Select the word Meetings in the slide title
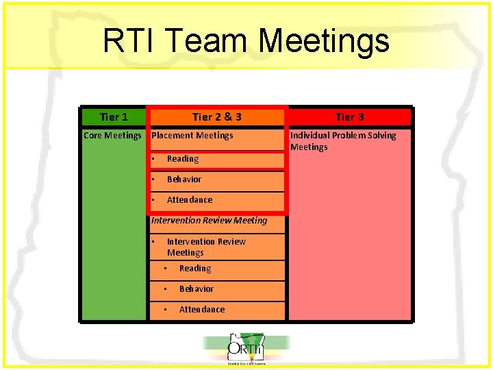pos(325,41)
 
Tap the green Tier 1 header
pos(114,117)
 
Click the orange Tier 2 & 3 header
pos(216,117)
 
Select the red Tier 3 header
pos(349,117)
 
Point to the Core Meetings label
pos(112,136)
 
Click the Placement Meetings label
pos(192,136)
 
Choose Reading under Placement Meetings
pos(183,159)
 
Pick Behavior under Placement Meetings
pos(184,180)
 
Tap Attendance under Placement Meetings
pos(190,200)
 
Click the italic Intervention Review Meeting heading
pos(209,221)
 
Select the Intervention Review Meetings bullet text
pos(205,247)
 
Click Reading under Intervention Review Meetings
pos(195,269)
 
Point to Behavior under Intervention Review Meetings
pos(197,289)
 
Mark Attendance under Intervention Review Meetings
pos(202,310)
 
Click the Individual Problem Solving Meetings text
pos(342,141)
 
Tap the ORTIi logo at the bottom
pos(246,349)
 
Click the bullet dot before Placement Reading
pos(154,159)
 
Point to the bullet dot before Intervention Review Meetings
pos(154,241)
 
